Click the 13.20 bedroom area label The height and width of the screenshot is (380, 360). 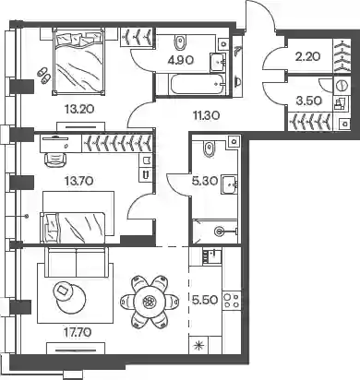(x=79, y=109)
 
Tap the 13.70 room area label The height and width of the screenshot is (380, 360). (x=79, y=181)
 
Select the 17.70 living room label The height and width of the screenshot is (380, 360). (x=78, y=332)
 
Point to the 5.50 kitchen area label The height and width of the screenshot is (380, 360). (x=205, y=300)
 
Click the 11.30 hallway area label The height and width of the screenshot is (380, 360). (x=206, y=115)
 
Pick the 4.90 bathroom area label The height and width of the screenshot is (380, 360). (x=181, y=60)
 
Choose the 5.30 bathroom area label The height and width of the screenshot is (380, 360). (x=205, y=182)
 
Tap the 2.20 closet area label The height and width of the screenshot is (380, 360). (x=307, y=56)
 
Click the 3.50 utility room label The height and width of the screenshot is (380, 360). (x=308, y=101)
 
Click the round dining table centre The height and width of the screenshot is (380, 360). (x=150, y=300)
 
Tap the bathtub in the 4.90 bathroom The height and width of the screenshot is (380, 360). (x=196, y=84)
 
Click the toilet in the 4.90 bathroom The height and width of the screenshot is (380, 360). (x=180, y=42)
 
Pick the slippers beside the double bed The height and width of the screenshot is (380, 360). (x=43, y=76)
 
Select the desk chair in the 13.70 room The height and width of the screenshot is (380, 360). (x=55, y=160)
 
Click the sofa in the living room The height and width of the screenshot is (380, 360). (x=77, y=262)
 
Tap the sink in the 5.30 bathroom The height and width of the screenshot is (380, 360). (x=229, y=184)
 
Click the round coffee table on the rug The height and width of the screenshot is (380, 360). (x=71, y=297)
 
